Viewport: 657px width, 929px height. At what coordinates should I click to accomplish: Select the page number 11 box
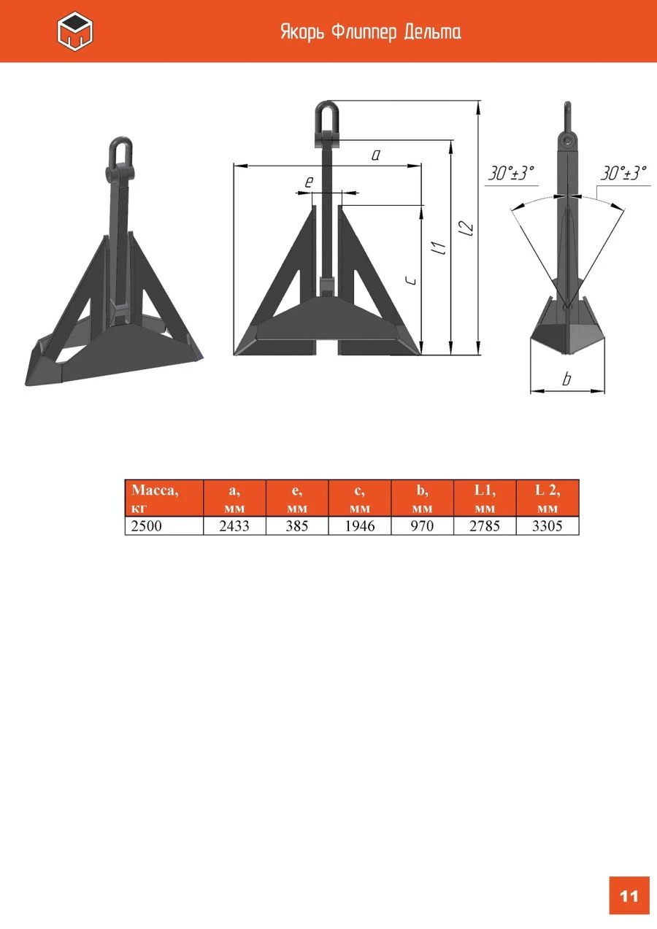click(629, 895)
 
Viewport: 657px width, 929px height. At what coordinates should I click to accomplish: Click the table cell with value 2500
click(164, 526)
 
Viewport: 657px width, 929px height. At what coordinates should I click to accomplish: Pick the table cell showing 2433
click(234, 526)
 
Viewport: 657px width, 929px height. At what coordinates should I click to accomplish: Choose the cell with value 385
click(297, 526)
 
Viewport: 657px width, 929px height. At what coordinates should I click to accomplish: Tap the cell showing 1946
click(359, 526)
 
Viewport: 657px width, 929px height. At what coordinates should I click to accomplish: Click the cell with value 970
click(422, 526)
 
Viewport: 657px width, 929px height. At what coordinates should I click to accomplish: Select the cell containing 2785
click(484, 526)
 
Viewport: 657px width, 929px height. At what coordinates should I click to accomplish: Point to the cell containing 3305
click(547, 526)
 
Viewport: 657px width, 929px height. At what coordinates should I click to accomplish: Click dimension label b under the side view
click(567, 379)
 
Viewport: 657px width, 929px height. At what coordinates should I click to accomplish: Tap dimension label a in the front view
click(375, 155)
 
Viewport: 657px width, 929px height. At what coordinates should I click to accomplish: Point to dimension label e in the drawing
click(308, 182)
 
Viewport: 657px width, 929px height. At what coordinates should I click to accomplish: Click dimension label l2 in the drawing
click(468, 228)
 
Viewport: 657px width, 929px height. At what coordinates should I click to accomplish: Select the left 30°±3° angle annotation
click(511, 174)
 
